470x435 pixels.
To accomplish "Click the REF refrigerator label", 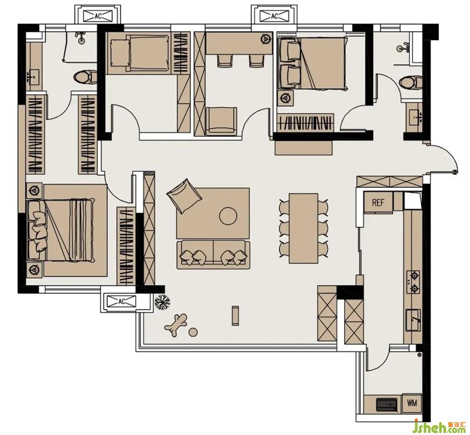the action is click(378, 203).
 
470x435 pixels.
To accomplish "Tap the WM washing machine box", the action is click(412, 403).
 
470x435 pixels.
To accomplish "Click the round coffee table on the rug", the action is click(228, 216).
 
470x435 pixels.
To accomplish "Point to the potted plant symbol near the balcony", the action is click(162, 302).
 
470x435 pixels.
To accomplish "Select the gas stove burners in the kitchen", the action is click(414, 282).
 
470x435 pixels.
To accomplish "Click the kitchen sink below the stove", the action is click(414, 320).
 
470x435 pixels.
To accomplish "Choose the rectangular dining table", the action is click(303, 228).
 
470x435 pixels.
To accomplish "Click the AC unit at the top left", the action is click(98, 16).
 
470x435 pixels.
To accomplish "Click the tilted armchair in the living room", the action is click(184, 196).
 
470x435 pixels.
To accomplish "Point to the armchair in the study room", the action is click(221, 121).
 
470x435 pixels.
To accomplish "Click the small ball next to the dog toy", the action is click(193, 332).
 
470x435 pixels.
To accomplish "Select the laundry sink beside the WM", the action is click(387, 404).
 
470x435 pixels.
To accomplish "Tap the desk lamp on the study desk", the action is click(264, 38).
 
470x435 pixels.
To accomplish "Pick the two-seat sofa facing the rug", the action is click(213, 255).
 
